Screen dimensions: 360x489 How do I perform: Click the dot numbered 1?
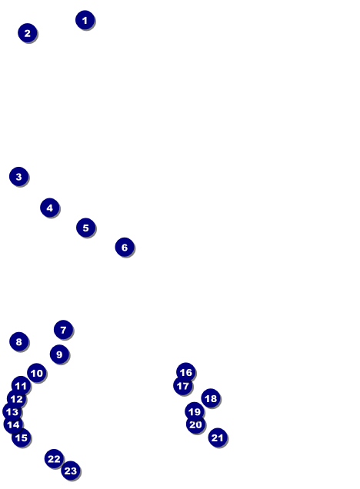pyautogui.click(x=85, y=20)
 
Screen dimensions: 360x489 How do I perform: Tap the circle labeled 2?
pyautogui.click(x=28, y=33)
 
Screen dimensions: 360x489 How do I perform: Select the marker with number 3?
pyautogui.click(x=18, y=177)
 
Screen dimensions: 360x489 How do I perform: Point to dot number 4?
pyautogui.click(x=49, y=208)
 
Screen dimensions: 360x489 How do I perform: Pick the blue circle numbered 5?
pyautogui.click(x=86, y=228)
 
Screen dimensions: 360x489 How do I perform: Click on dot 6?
pyautogui.click(x=125, y=248)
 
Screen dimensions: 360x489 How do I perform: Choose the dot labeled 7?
pyautogui.click(x=63, y=330)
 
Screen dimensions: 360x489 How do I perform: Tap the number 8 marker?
pyautogui.click(x=18, y=341)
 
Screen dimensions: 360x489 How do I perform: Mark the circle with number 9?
pyautogui.click(x=59, y=354)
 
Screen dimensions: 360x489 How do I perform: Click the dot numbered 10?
pyautogui.click(x=36, y=373)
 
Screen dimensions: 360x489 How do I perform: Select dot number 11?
pyautogui.click(x=21, y=386)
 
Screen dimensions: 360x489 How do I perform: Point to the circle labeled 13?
pyautogui.click(x=12, y=411)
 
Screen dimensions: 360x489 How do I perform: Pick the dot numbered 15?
pyautogui.click(x=22, y=437)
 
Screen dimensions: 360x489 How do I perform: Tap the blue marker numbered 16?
pyautogui.click(x=185, y=372)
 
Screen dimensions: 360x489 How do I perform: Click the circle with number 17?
pyautogui.click(x=183, y=386)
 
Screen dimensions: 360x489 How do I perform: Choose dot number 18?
pyautogui.click(x=211, y=398)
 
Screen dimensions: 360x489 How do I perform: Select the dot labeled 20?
pyautogui.click(x=195, y=424)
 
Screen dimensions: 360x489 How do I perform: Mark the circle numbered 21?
pyautogui.click(x=218, y=437)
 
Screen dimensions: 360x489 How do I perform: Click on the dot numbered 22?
pyautogui.click(x=54, y=459)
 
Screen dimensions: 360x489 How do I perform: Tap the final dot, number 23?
pyautogui.click(x=71, y=471)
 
